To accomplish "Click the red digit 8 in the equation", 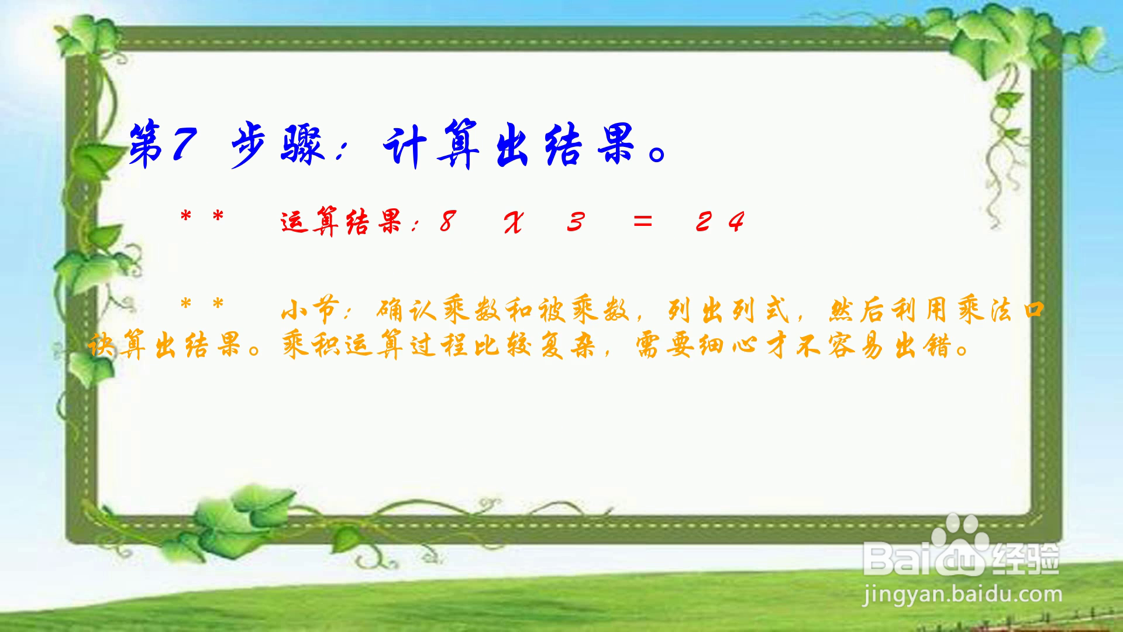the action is click(x=447, y=222).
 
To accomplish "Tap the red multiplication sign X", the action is click(x=514, y=222).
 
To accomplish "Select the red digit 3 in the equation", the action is click(x=576, y=222).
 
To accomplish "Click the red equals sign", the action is click(x=642, y=221).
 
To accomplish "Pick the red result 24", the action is click(x=720, y=222).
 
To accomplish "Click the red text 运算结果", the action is click(x=342, y=222).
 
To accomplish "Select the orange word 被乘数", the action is click(x=584, y=310).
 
